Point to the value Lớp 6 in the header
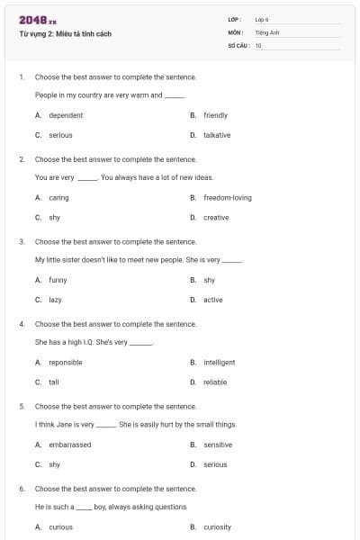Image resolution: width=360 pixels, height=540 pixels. (262, 19)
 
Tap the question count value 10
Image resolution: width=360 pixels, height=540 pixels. (258, 44)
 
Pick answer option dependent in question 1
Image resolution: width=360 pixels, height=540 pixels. (66, 115)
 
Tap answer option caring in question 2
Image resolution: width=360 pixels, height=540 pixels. (58, 197)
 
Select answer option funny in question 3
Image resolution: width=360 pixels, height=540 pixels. (58, 280)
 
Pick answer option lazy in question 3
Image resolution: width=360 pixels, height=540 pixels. (55, 300)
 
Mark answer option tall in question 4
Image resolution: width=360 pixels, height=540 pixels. (53, 382)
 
